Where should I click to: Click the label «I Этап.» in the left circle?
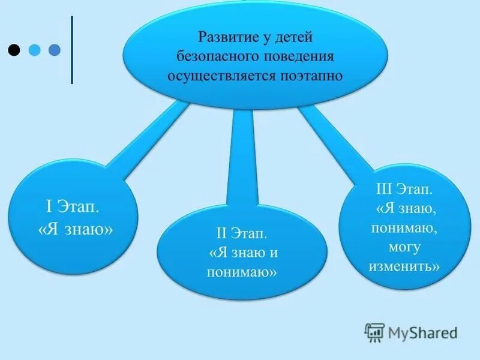pyautogui.click(x=73, y=208)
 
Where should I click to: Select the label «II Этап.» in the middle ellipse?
pyautogui.click(x=241, y=232)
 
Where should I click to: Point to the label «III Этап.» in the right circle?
pyautogui.click(x=403, y=190)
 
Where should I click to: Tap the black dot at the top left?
pyautogui.click(x=14, y=49)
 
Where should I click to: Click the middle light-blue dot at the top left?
pyautogui.click(x=35, y=49)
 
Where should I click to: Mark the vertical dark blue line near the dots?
pyautogui.click(x=72, y=49)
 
